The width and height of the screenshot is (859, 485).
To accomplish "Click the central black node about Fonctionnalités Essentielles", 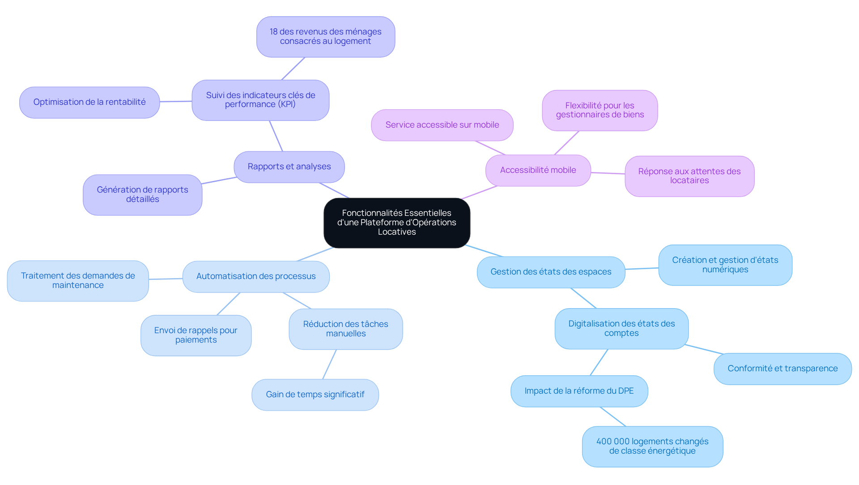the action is (397, 223).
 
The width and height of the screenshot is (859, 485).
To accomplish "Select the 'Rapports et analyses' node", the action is (289, 167).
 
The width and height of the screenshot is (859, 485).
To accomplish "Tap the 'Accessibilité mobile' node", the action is (538, 170).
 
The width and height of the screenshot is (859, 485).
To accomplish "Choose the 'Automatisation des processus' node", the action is (256, 276).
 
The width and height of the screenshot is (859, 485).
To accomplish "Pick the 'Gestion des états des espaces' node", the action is (551, 272).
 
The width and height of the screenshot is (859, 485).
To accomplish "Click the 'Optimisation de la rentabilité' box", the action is (89, 102).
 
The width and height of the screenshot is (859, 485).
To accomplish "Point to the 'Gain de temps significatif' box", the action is (315, 395).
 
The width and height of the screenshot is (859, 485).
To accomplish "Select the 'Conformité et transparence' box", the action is (782, 369).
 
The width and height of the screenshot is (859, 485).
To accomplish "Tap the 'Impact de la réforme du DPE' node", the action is (579, 391).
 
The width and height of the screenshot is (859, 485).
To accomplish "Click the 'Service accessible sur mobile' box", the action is (442, 125).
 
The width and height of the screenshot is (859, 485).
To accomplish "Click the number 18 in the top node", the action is (273, 32).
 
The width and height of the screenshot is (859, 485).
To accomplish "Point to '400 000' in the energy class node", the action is (613, 442).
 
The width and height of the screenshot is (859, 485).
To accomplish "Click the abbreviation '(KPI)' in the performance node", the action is (287, 104).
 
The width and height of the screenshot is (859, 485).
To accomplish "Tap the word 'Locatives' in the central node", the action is (397, 232).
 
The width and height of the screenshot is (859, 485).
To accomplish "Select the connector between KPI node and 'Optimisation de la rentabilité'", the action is (176, 102).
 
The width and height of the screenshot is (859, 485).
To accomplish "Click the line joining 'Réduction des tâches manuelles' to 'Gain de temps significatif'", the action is (329, 365).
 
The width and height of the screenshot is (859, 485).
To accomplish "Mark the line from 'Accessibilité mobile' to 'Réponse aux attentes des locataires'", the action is (608, 173).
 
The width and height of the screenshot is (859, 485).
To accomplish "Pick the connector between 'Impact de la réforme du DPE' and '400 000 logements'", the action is (613, 416).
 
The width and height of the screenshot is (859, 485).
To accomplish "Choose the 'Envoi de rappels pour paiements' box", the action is (196, 335).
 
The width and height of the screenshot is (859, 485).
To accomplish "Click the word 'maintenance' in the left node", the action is (78, 285).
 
